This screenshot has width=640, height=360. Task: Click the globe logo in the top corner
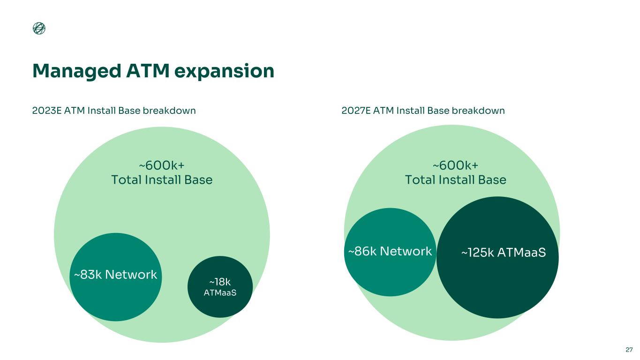point(39,29)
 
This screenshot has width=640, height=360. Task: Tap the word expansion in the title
point(224,71)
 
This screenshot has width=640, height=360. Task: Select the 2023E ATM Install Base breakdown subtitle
point(114,111)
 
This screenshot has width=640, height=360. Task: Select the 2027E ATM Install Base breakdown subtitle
point(423,111)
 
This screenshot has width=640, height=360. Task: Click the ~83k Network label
point(115,275)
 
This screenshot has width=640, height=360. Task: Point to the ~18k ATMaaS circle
point(220,287)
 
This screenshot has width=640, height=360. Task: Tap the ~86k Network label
point(390,252)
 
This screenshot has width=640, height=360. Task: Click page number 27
point(629,350)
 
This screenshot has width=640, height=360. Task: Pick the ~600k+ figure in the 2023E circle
point(161,165)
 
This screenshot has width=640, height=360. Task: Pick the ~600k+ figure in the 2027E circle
point(455,165)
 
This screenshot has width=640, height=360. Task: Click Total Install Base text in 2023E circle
point(161,180)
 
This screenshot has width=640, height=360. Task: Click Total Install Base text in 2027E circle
point(455,180)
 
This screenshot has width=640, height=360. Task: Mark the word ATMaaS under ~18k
point(220,292)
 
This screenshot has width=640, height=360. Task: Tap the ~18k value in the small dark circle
point(220,282)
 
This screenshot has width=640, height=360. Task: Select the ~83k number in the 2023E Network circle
point(87,275)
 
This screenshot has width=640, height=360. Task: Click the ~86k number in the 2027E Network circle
point(362,252)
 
